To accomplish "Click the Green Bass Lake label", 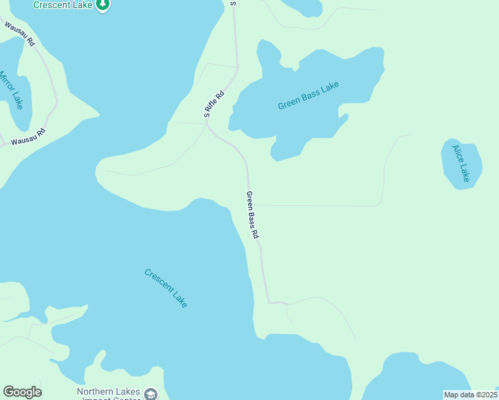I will (x=308, y=96).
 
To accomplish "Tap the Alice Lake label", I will (x=461, y=163).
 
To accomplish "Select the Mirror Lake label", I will (x=11, y=89).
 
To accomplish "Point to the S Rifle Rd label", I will (x=214, y=103).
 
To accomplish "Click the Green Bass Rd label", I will (x=252, y=215).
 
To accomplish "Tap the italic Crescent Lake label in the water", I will (x=166, y=287).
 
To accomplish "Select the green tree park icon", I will (x=102, y=5).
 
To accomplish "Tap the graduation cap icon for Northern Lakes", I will (x=151, y=394).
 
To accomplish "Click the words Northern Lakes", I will (x=108, y=391).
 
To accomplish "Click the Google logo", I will (x=22, y=391).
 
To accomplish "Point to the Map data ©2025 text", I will (x=470, y=395).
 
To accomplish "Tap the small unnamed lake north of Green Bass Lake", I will (x=304, y=6).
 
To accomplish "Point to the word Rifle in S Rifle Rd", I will (x=215, y=103).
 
